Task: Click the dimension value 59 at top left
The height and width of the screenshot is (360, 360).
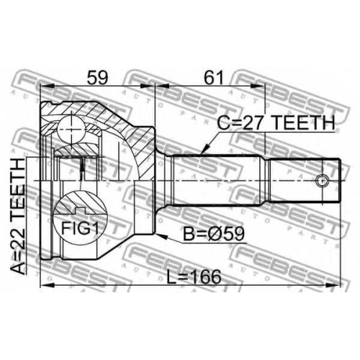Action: [x=98, y=78]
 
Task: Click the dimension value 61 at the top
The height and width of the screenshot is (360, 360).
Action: [x=214, y=78]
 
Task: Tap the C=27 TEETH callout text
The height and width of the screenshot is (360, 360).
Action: [x=276, y=122]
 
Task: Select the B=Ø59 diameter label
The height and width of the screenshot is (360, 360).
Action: [x=214, y=234]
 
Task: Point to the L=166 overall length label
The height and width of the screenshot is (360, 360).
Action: [x=194, y=276]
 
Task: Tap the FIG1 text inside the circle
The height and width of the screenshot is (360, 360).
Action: [x=80, y=228]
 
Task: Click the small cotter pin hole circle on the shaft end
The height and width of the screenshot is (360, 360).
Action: [x=322, y=181]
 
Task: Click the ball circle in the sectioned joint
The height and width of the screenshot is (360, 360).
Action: [x=71, y=130]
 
